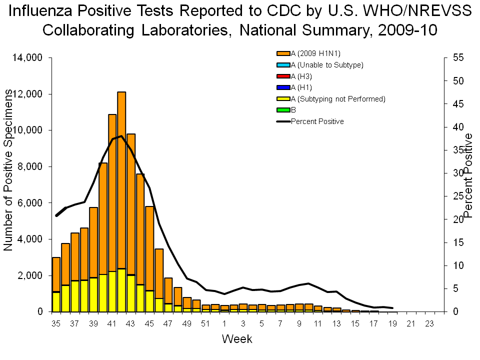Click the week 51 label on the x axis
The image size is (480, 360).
tap(205, 323)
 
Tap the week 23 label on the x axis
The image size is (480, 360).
tap(429, 323)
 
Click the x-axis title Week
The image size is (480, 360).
tap(237, 339)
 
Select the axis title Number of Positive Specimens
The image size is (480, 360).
tap(8, 170)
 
